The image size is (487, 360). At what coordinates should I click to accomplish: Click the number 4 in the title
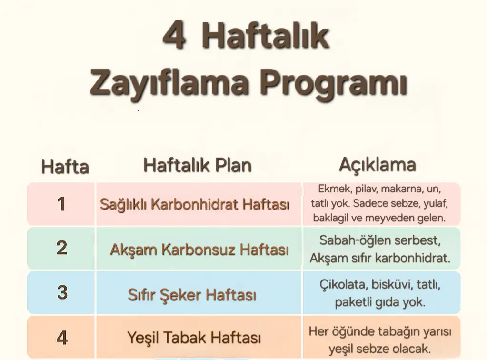174,36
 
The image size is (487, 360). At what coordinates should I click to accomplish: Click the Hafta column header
65,167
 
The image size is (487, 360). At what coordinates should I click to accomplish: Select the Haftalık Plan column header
198,165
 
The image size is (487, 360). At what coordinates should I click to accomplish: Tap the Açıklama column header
377,164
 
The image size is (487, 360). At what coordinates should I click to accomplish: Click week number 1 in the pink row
61,204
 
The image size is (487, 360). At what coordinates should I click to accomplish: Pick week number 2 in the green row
61,248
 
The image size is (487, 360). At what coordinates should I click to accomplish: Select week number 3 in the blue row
62,292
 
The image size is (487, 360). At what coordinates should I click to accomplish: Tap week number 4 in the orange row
62,338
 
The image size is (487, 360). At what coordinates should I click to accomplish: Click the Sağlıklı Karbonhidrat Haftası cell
195,205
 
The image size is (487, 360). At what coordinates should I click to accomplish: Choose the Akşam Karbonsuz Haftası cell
199,249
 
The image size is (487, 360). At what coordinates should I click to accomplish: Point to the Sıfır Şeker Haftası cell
192,295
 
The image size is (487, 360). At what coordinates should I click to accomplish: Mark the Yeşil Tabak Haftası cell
194,338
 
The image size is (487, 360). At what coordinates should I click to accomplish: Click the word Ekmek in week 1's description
334,188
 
